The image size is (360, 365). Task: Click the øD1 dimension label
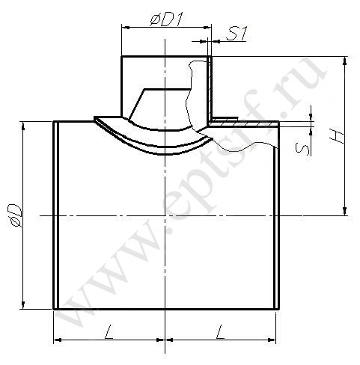(x=166, y=19)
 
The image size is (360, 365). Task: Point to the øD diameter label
(x=16, y=215)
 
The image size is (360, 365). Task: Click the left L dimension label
(x=109, y=331)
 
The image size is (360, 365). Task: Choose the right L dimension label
(x=221, y=331)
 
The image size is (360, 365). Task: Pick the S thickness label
(x=302, y=149)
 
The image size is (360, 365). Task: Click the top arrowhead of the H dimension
(x=345, y=61)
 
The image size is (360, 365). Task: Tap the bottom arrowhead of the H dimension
(x=345, y=211)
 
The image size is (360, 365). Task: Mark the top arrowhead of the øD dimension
(x=23, y=126)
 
